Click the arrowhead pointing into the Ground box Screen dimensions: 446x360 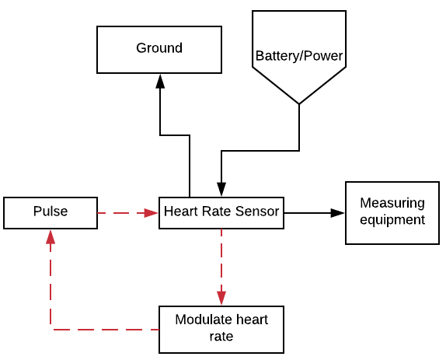pyautogui.click(x=160, y=81)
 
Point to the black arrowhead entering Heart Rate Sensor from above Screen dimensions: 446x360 pyautogui.click(x=221, y=189)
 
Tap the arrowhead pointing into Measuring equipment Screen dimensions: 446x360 pyautogui.click(x=338, y=213)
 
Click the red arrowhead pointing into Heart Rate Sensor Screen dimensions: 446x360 pyautogui.click(x=151, y=213)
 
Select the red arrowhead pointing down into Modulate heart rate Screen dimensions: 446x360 pyautogui.click(x=221, y=299)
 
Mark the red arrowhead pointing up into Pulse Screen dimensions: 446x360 pyautogui.click(x=51, y=236)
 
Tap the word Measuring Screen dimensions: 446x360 pyautogui.click(x=392, y=203)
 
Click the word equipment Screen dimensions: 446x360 pyautogui.click(x=392, y=220)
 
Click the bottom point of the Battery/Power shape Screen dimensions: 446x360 pyautogui.click(x=299, y=104)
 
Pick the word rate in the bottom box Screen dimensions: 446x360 pyautogui.click(x=221, y=337)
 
